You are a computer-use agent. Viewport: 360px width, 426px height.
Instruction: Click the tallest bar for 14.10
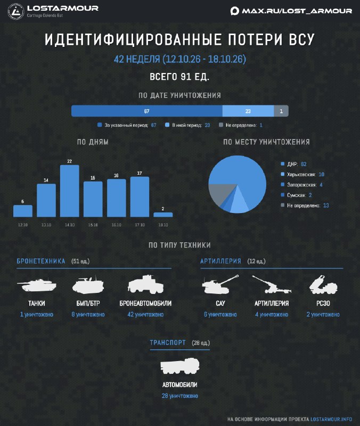pyautogui.click(x=70, y=191)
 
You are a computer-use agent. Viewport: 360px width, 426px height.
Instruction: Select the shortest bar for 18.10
pyautogui.click(x=163, y=215)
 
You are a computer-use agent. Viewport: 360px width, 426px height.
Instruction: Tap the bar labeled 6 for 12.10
pyautogui.click(x=23, y=211)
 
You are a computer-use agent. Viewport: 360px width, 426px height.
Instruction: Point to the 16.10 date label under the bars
pyautogui.click(x=116, y=225)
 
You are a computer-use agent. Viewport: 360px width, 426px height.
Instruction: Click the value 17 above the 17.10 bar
pyautogui.click(x=140, y=173)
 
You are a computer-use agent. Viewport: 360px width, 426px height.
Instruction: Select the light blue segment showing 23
pyautogui.click(x=248, y=111)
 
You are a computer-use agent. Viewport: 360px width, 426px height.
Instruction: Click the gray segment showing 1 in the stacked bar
pyautogui.click(x=281, y=111)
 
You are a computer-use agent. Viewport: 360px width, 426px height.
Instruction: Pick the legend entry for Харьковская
pyautogui.click(x=302, y=175)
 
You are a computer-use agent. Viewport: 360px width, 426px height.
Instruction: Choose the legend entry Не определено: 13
pyautogui.click(x=305, y=206)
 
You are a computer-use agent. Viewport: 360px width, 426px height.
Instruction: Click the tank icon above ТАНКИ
pyautogui.click(x=37, y=285)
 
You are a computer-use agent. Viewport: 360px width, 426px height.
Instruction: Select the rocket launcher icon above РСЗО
pyautogui.click(x=323, y=284)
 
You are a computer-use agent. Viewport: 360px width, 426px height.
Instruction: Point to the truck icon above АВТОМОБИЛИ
pyautogui.click(x=180, y=366)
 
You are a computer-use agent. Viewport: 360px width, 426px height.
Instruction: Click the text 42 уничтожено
pyautogui.click(x=145, y=315)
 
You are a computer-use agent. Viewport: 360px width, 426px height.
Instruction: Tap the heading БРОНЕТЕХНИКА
pyautogui.click(x=41, y=261)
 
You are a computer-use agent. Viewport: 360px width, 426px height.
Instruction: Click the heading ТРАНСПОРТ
pyautogui.click(x=168, y=342)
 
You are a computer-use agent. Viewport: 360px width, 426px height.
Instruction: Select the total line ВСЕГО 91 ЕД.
pyautogui.click(x=179, y=77)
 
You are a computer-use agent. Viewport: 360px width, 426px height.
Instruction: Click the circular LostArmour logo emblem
pyautogui.click(x=16, y=11)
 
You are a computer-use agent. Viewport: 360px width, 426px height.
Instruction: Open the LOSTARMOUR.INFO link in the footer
pyautogui.click(x=331, y=419)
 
